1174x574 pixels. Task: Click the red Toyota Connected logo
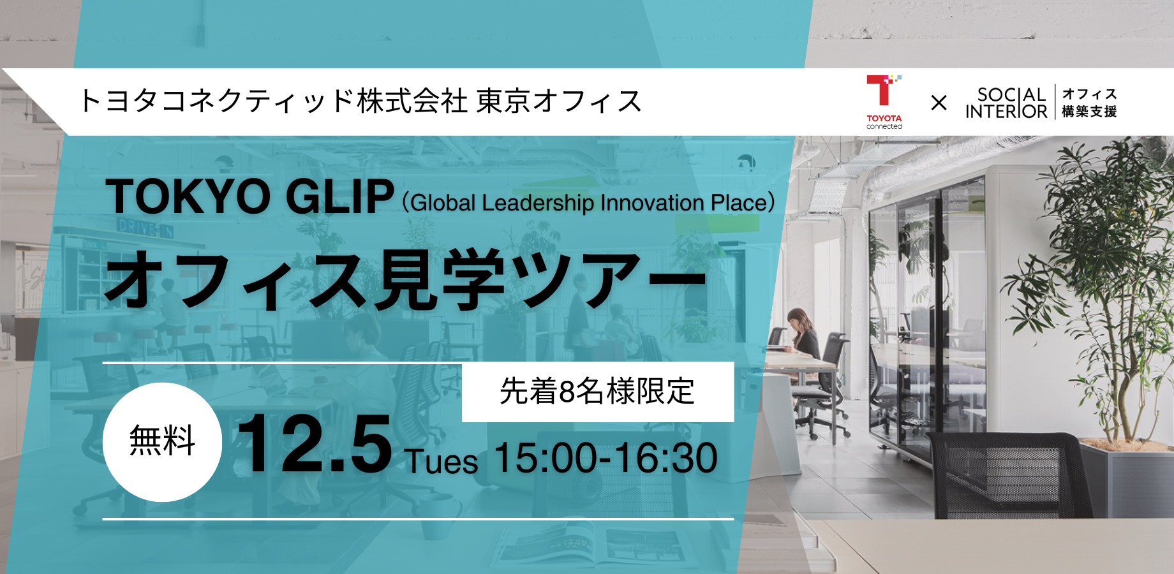[884, 101]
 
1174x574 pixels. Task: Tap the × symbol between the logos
[939, 103]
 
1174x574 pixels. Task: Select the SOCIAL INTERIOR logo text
[1006, 103]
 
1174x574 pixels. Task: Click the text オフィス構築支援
[1089, 103]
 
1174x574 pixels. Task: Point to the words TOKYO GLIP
[250, 196]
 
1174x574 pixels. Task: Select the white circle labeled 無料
[162, 441]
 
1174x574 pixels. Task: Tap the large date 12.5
[314, 444]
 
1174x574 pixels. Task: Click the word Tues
[442, 462]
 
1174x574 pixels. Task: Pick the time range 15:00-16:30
[606, 458]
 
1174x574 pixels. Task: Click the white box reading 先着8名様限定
[598, 392]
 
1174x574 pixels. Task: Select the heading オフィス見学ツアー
[406, 279]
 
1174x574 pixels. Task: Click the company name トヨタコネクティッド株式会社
[273, 101]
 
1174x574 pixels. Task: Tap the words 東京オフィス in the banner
[559, 101]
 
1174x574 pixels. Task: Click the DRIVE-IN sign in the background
[145, 227]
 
